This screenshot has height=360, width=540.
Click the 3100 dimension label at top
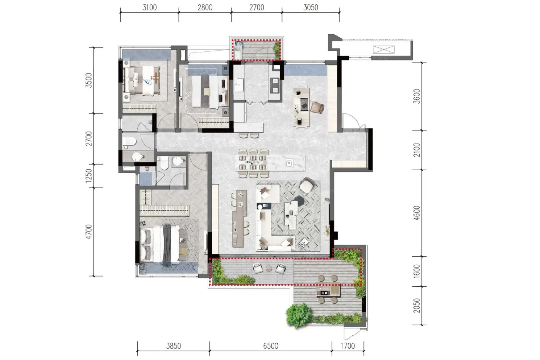150,7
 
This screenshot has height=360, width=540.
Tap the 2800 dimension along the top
205,7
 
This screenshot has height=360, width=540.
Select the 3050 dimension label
311,7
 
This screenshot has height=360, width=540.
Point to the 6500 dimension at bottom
270,346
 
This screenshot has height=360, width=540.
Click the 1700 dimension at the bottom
348,346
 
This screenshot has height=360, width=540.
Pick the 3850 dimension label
174,346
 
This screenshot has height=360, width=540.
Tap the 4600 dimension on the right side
417,213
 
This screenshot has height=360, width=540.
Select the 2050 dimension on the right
417,306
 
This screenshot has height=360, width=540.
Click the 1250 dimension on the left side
89,176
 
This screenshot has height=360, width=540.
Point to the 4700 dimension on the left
89,232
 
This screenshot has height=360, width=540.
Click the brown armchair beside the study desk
317,107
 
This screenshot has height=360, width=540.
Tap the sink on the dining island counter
289,163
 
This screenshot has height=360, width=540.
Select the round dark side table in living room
300,201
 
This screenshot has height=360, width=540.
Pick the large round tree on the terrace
299,315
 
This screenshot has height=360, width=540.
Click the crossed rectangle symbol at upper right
383,49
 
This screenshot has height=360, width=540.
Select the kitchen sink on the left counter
240,85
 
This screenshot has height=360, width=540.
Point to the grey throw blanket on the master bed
167,243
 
